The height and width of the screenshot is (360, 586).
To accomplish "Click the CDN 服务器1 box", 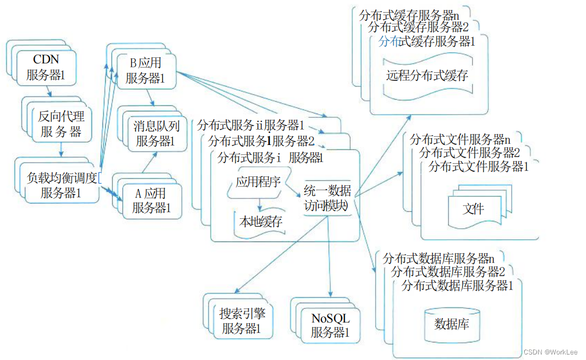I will coord(46,67).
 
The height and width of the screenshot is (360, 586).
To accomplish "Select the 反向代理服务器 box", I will coord(61,124).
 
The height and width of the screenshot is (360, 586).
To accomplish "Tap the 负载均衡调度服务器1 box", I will coord(62,185).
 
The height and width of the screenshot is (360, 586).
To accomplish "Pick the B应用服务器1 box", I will coord(146,71).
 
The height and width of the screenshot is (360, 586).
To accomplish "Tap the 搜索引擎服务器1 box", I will coord(241,322).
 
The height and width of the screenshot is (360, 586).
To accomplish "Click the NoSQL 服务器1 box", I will coord(330,325).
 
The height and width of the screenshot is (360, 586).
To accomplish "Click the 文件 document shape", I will coord(474,209).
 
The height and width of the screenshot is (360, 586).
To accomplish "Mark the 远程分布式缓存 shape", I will coord(427,75).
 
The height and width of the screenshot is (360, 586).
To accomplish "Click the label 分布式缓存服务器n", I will coord(409,15).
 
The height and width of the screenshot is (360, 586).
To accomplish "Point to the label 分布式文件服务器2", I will coord(469,153).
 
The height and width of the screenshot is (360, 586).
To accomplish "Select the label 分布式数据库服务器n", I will coord(438,258).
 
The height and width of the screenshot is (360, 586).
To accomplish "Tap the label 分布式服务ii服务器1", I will coord(251,125).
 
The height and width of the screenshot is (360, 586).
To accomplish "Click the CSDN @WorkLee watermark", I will coord(550,352).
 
